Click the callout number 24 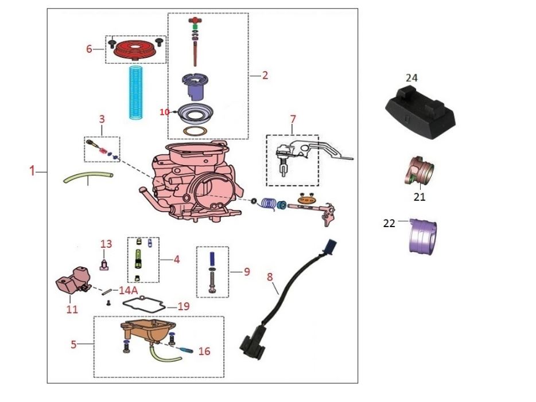[x=411, y=77]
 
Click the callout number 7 [x=293, y=119]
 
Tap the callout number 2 [x=265, y=75]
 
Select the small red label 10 [x=165, y=112]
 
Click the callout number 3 [x=102, y=119]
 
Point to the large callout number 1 [x=33, y=170]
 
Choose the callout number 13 [x=106, y=244]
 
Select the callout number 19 [x=183, y=307]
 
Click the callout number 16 [x=204, y=351]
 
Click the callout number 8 [x=270, y=276]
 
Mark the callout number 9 [x=247, y=272]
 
